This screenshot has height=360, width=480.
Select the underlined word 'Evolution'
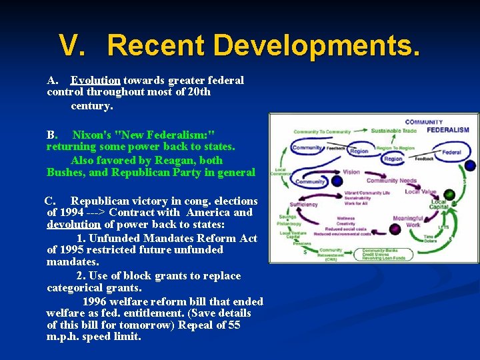click(95, 80)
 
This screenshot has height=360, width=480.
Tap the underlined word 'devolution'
click(73, 225)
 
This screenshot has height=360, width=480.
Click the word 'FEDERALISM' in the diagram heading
click(448, 130)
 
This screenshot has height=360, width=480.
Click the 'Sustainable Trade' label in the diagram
click(393, 131)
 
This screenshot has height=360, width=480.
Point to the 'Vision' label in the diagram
click(351, 172)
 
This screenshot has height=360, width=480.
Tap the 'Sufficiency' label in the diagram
click(304, 205)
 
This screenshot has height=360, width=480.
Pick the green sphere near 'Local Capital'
click(449, 195)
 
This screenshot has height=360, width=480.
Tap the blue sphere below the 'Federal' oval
click(470, 165)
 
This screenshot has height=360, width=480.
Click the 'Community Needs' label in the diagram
click(391, 181)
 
